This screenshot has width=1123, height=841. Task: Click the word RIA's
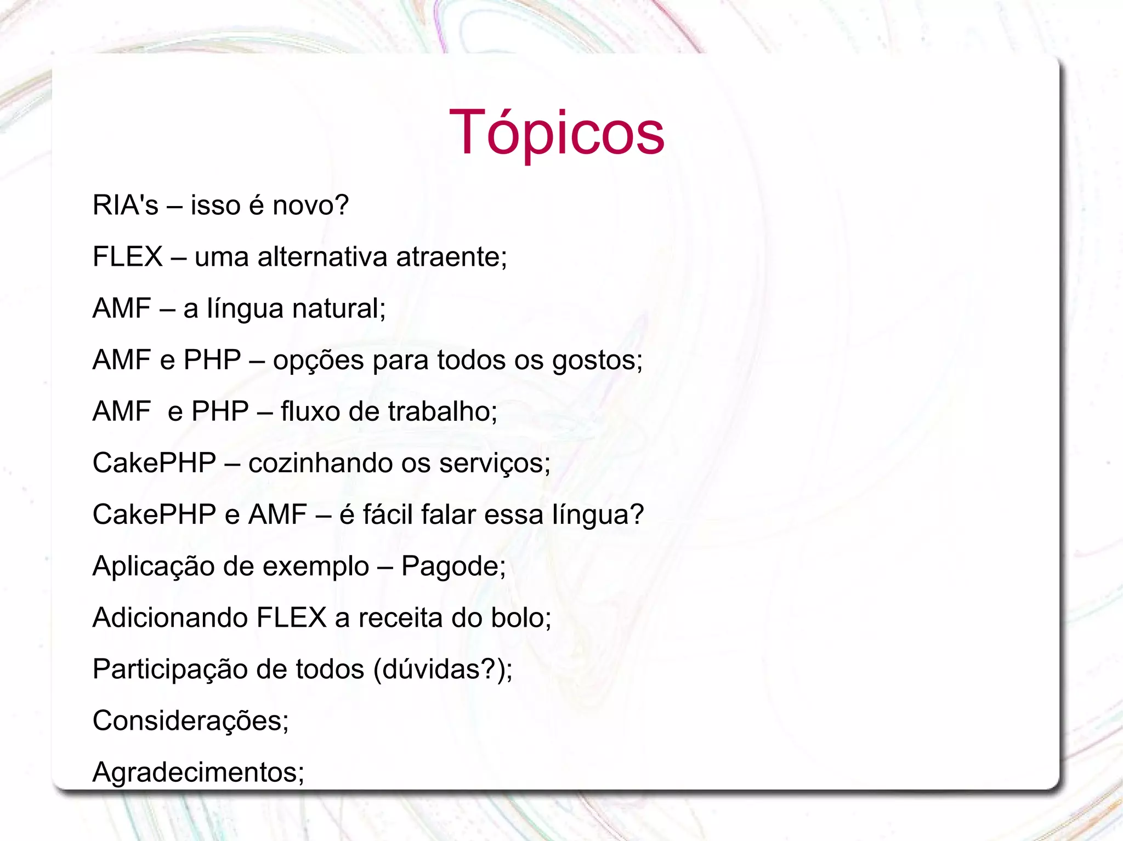[x=125, y=205]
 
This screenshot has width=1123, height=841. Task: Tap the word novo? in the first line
[x=310, y=205]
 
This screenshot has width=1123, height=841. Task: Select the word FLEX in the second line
[x=127, y=256]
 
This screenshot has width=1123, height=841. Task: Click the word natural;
[x=339, y=308]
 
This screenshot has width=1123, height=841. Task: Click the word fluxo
[x=310, y=411]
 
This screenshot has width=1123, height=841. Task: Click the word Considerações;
[x=190, y=721]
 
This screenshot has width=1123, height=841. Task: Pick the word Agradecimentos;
[x=198, y=773]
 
